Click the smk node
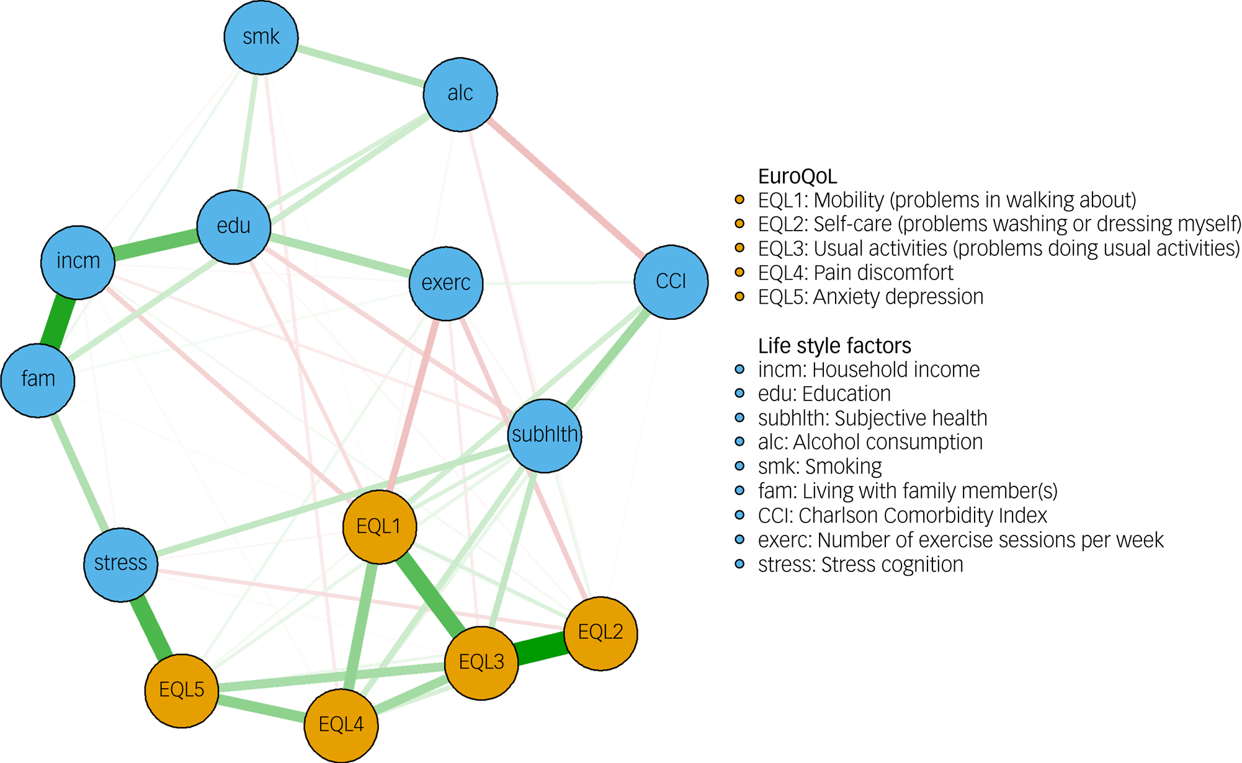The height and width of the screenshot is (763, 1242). [x=261, y=37]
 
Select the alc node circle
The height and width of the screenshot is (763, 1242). [x=460, y=94]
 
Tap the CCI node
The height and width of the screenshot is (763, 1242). [x=671, y=282]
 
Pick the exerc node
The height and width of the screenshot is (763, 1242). [x=446, y=283]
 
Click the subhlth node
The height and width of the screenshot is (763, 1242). [x=545, y=435]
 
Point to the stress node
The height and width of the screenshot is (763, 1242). [x=121, y=564]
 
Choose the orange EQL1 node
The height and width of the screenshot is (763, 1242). [x=379, y=527]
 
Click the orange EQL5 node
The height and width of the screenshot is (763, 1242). [x=182, y=690]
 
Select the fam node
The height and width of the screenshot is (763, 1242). [x=38, y=379]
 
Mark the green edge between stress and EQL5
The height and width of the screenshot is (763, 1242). [x=151, y=626]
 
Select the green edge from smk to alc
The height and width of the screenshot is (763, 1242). [x=360, y=66]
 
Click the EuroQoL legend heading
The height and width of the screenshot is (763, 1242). [x=797, y=177]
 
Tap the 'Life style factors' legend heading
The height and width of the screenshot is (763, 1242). [x=834, y=345]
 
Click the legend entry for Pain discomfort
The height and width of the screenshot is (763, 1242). [x=856, y=273]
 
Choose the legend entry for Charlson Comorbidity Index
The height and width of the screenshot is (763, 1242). [x=902, y=516]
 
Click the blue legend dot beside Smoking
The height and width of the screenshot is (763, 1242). [x=739, y=467]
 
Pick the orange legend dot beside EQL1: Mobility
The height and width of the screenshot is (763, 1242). [x=739, y=200]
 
